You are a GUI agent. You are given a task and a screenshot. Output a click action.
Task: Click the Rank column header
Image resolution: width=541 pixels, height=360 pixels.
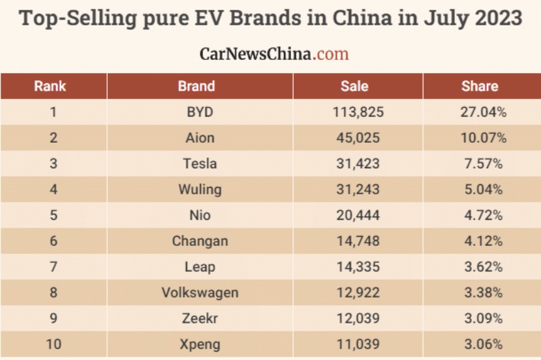50,86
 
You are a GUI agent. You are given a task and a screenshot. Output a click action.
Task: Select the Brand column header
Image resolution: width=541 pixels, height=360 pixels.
196,86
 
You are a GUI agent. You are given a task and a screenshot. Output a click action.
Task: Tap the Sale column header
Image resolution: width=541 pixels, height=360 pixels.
354,86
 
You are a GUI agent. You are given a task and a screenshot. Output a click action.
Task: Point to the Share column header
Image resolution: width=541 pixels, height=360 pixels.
480,86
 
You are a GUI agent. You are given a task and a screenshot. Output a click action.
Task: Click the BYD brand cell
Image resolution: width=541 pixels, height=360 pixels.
200,112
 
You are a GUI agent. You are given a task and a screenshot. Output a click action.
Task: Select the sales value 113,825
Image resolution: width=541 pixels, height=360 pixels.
358,112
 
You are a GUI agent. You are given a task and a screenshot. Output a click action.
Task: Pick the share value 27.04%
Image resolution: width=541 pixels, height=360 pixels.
484,112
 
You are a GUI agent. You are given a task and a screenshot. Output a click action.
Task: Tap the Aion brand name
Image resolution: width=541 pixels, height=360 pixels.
200,138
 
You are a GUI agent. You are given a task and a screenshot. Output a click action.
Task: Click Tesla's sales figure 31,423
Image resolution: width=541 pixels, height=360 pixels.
358,164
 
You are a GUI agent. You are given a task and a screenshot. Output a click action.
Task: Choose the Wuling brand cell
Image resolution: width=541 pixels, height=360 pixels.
200,189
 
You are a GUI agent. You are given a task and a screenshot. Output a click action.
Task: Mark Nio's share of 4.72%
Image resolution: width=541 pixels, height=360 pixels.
484,215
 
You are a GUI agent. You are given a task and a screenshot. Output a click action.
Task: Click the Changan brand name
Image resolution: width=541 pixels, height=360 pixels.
200,241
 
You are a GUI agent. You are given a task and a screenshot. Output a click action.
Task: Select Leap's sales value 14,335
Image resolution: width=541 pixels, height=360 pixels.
358,267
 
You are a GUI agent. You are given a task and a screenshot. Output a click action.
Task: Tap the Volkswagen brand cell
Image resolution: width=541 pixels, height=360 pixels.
200,292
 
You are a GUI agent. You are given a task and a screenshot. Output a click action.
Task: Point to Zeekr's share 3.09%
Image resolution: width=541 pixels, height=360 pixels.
484,318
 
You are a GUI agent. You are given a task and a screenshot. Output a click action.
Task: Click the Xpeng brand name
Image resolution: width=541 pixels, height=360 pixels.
200,344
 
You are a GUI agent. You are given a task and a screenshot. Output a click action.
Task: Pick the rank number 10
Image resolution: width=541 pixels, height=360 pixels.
54,344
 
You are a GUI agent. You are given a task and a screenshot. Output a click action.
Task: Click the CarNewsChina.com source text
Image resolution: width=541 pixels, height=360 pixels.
274,53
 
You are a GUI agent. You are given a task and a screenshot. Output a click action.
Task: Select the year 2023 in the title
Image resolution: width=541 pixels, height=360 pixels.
489,18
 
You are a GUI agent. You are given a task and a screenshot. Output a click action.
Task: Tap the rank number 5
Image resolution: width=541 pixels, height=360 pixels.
54,215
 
